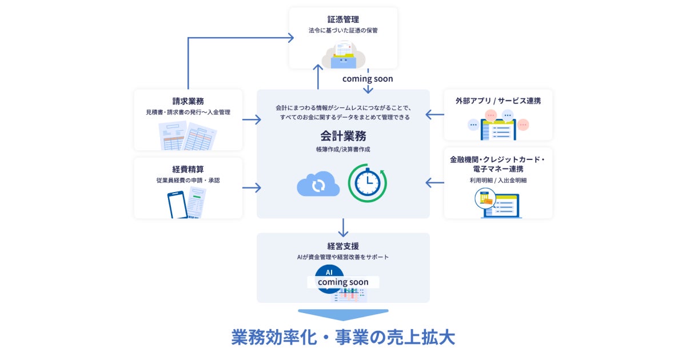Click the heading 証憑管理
point(342,19)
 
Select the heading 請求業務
point(188,101)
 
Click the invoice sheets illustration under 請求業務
point(188,135)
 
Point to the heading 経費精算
point(188,169)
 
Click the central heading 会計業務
point(343,136)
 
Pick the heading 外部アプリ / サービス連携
point(498,101)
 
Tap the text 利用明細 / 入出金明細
point(498,180)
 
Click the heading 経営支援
point(343,246)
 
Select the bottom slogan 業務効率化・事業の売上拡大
point(343,337)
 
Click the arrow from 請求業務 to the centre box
point(252,120)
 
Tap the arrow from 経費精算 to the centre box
point(252,187)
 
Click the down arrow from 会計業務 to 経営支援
point(343,227)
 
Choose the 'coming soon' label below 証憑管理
point(368,79)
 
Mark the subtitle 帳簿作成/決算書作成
point(343,150)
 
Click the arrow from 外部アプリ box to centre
point(435,115)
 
